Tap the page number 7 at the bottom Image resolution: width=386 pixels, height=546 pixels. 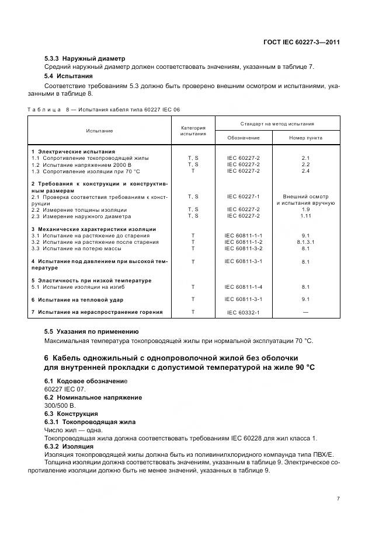[x=338, y=498]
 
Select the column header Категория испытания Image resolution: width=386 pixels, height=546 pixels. [x=193, y=131]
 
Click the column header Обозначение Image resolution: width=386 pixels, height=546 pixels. [x=244, y=138]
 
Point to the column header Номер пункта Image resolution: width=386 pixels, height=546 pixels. [x=305, y=138]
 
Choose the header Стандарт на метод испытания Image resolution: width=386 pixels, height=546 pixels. [x=277, y=124]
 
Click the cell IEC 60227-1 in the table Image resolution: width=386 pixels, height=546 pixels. [x=244, y=197]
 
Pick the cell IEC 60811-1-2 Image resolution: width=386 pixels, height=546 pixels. [x=244, y=242]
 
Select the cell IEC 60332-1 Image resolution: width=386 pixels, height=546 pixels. [x=244, y=313]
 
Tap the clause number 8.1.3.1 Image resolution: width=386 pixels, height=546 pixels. [x=305, y=242]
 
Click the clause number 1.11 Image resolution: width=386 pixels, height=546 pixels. [x=305, y=216]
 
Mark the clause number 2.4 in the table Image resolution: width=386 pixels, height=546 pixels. [x=305, y=171]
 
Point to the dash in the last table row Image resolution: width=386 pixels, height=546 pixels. [x=305, y=313]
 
